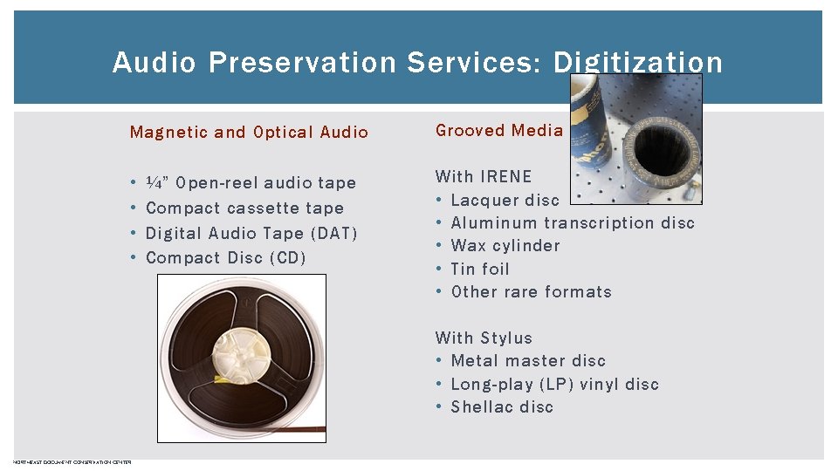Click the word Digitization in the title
pos(637,63)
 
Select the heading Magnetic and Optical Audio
pos(249,133)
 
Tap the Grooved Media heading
pos(499,131)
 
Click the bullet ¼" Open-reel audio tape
pos(251,183)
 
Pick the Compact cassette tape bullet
pos(244,208)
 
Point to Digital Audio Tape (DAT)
pos(251,233)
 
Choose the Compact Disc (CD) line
pos(225,258)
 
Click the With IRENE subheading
pos(483,177)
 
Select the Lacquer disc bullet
pos(505,200)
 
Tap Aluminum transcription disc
pos(573,223)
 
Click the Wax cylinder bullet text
pos(505,246)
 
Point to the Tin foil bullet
pos(480,270)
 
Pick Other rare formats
pos(531,292)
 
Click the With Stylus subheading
pos(484,338)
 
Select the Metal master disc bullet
pos(528,361)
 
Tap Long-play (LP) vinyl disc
pos(554,385)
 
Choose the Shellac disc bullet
pos(502,407)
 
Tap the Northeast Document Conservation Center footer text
pos(72,462)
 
